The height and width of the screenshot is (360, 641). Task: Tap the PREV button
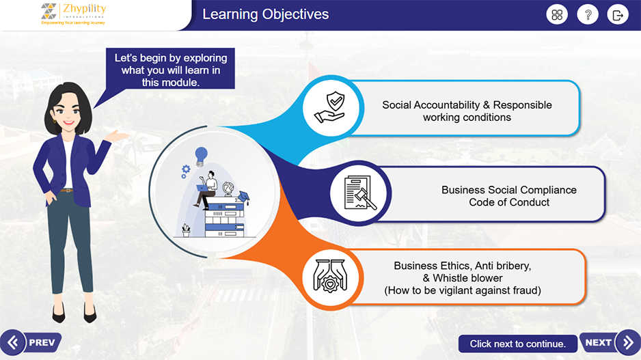pos(31,342)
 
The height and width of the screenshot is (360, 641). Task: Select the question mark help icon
pos(588,15)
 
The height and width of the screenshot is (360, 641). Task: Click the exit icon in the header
pos(618,15)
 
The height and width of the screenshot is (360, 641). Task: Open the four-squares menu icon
pos(557,15)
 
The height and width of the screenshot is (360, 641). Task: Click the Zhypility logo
pos(74,14)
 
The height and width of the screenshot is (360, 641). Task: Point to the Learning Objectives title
pos(266,14)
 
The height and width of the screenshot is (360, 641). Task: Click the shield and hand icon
pos(330,107)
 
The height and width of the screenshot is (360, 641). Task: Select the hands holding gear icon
pos(330,276)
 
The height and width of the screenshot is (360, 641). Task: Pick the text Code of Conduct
pos(509,202)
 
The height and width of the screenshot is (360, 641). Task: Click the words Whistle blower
pos(467,278)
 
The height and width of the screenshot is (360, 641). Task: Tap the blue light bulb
pos(201,156)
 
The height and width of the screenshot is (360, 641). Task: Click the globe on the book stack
pos(228,189)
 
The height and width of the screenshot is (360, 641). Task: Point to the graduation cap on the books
pos(244,197)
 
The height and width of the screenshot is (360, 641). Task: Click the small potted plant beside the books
pos(186,230)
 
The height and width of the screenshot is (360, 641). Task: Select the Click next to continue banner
pos(517,344)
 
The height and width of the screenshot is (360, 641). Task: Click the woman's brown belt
pos(66,191)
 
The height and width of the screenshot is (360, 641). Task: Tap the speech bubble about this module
pos(170,70)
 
